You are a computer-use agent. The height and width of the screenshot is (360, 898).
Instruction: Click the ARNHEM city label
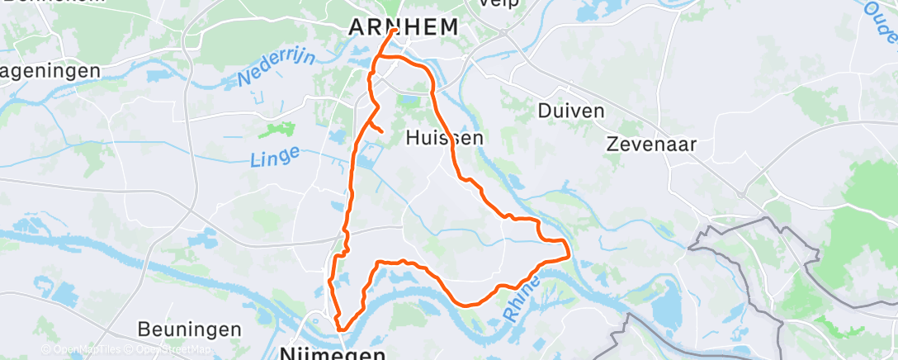[x=403, y=27]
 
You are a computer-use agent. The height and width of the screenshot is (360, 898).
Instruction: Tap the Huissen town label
[x=445, y=139]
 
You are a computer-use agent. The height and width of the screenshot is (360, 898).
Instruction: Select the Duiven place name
[x=570, y=111]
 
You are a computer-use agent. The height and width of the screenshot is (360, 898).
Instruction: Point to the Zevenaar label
[x=651, y=144]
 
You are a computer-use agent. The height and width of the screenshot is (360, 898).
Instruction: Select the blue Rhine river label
[x=520, y=298]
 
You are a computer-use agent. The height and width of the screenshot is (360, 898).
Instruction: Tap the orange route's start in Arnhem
[x=395, y=31]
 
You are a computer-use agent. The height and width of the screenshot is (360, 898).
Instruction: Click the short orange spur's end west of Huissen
[x=381, y=131]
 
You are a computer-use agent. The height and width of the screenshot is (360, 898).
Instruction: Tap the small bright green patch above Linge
[x=277, y=130]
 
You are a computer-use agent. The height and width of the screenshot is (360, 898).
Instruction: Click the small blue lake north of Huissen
[x=410, y=102]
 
